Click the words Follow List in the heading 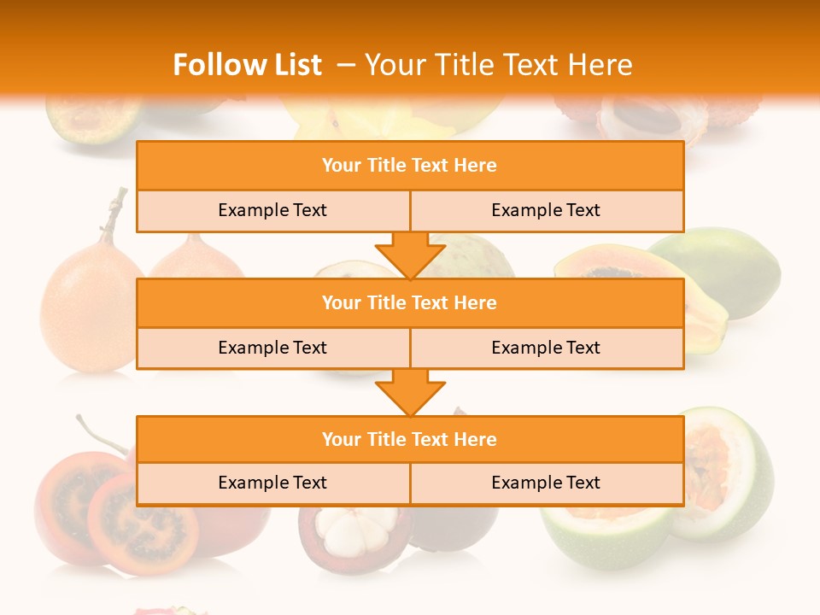(247, 65)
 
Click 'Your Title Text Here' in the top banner (498, 65)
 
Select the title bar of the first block (410, 166)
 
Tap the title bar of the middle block (410, 303)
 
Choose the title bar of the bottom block (410, 440)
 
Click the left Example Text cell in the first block (272, 211)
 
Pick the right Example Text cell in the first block (546, 211)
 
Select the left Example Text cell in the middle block (272, 348)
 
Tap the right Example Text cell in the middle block (546, 348)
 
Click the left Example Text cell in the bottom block (272, 483)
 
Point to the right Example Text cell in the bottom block (546, 483)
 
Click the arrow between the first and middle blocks (410, 255)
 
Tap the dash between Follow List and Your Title (346, 65)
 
